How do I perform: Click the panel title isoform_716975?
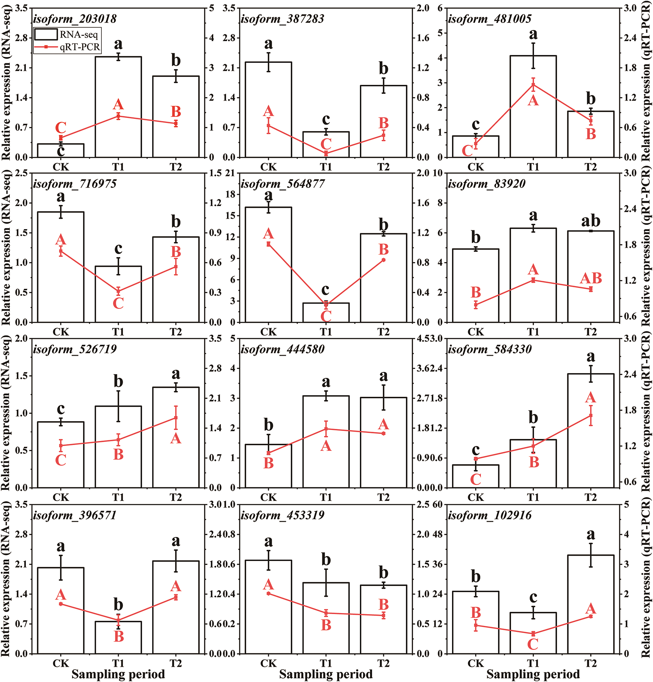point(75,184)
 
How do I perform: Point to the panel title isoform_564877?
point(282,184)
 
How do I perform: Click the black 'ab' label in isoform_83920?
point(591,220)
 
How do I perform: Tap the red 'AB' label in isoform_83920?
point(591,278)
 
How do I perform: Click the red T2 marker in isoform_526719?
point(176,418)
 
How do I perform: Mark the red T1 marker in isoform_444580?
point(326,429)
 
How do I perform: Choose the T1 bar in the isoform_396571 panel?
point(118,637)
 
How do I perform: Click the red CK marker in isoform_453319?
point(268,594)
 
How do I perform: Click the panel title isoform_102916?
point(490,515)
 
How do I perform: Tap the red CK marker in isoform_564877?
point(268,244)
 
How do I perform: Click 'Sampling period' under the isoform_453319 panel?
point(326,674)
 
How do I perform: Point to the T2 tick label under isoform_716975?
point(176,332)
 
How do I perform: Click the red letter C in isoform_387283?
point(326,144)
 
